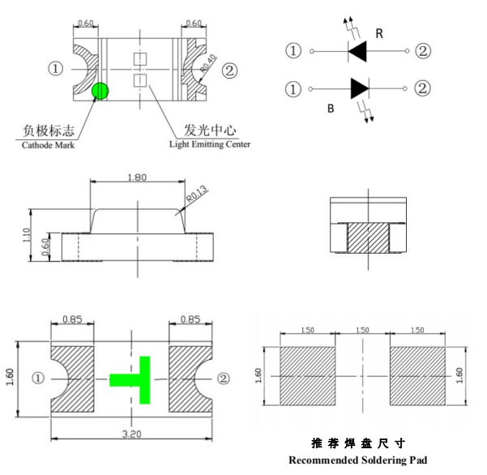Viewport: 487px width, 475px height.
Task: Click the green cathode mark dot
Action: pos(100,91)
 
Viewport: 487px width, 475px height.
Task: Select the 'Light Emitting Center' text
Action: pos(209,144)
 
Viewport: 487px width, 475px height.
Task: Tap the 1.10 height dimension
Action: pos(27,234)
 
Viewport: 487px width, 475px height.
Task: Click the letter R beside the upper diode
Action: pos(379,33)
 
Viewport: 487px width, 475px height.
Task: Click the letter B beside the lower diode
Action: pos(331,107)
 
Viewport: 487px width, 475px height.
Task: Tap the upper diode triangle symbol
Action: pos(358,52)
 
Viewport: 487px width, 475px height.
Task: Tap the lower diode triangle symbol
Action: pos(360,88)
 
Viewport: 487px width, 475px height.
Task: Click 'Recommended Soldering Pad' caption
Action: pos(357,460)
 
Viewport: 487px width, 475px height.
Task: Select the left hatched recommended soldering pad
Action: pos(307,376)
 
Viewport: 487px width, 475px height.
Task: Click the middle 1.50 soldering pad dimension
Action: pos(362,331)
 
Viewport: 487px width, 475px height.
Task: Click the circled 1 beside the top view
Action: pos(55,69)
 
